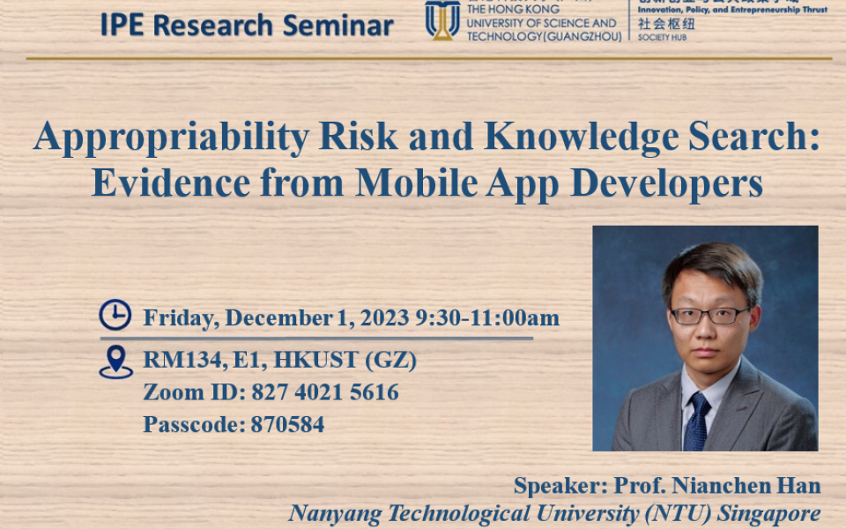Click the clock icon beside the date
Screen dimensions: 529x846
(x=115, y=316)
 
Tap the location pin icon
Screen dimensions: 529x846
(x=115, y=361)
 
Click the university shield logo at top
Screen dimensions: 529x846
(x=442, y=19)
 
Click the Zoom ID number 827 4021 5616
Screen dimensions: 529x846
(x=325, y=392)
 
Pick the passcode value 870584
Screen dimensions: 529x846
(x=287, y=424)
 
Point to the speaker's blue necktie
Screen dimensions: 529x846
(x=697, y=420)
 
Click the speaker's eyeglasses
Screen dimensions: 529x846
(x=709, y=316)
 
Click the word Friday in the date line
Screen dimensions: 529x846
(x=179, y=318)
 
